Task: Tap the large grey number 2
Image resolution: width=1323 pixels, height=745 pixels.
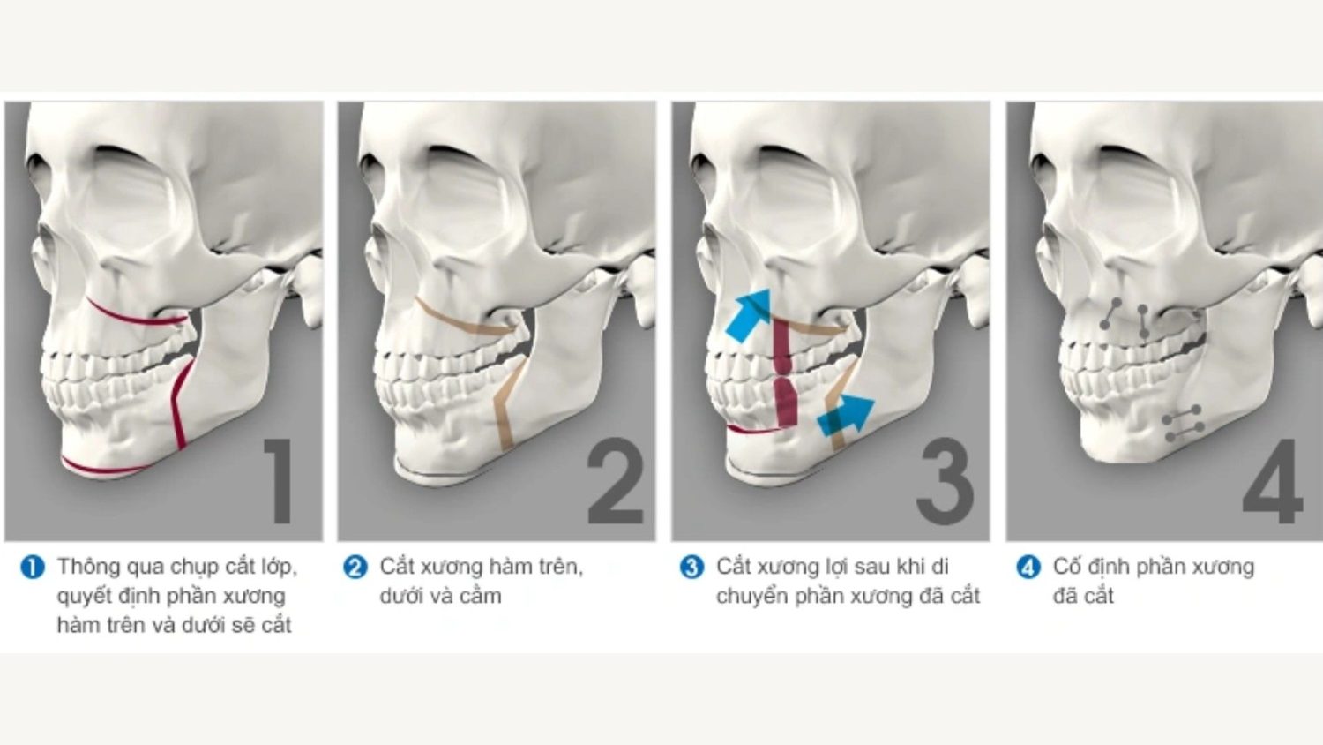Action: [x=616, y=480]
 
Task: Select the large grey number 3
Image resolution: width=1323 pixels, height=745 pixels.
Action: [x=945, y=480]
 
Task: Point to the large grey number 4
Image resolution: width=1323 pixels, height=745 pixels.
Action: [x=1272, y=480]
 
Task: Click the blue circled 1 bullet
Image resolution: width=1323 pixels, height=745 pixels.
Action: [x=33, y=568]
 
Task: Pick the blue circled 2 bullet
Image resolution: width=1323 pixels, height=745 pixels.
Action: [x=355, y=568]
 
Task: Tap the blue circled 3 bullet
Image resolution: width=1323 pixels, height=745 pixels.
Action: [x=691, y=568]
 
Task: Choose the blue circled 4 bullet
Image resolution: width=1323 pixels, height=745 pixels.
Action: [x=1028, y=568]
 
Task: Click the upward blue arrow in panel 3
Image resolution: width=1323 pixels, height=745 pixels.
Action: [x=749, y=315]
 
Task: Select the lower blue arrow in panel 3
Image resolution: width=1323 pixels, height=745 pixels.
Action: [x=846, y=416]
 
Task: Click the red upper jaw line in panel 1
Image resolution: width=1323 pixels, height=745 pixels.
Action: [x=136, y=314]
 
